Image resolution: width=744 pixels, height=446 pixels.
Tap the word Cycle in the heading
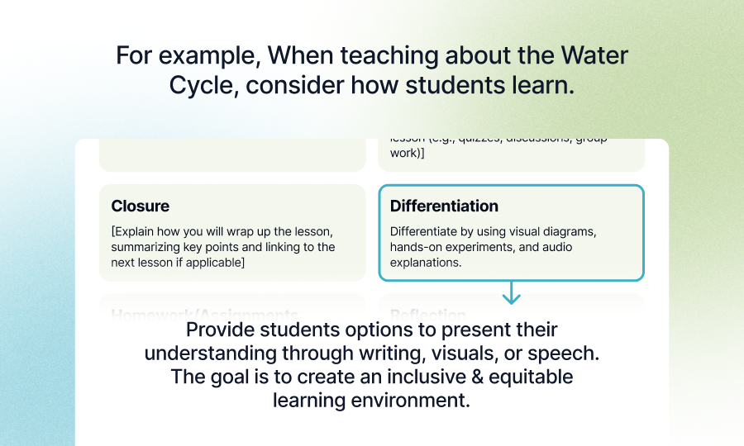point(202,85)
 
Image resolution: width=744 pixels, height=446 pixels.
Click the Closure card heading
point(141,206)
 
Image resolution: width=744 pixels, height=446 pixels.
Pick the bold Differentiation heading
point(444,206)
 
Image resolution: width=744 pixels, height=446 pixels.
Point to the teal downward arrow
point(512,292)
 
